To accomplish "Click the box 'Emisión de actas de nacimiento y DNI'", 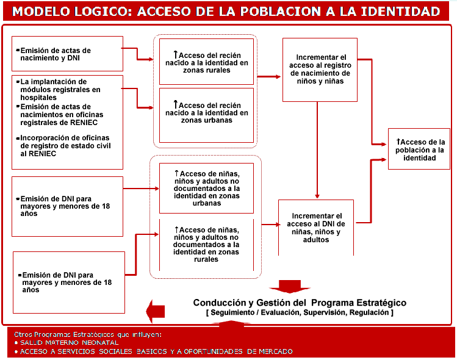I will (67, 54).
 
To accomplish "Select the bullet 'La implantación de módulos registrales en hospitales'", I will (61, 89).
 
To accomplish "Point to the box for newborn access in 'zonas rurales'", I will (206, 62).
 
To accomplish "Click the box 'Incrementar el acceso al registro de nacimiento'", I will (320, 70).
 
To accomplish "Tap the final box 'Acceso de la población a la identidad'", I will (420, 149).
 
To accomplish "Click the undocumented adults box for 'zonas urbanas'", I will (206, 188).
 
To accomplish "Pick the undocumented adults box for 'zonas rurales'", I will (206, 244).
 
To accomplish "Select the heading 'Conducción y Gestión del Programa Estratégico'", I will (300, 303).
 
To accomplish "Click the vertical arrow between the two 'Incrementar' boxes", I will (317, 149).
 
